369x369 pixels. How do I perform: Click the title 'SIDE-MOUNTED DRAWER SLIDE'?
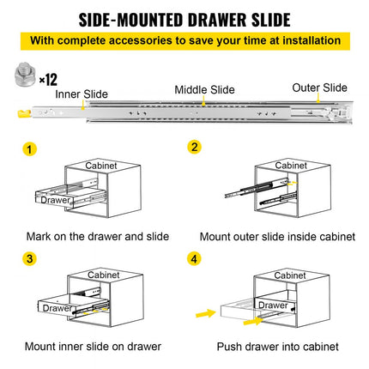tap(184, 19)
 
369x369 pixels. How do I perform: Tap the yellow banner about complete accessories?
tap(184, 40)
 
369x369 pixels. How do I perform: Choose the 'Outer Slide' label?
tap(319, 88)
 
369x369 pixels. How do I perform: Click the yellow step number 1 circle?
tap(31, 148)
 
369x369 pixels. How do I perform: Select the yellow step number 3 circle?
tap(31, 257)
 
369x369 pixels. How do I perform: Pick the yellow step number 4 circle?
tap(195, 257)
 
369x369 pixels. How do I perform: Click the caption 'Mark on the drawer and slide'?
tap(97, 236)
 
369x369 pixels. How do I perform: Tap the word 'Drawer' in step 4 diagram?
tap(273, 305)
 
